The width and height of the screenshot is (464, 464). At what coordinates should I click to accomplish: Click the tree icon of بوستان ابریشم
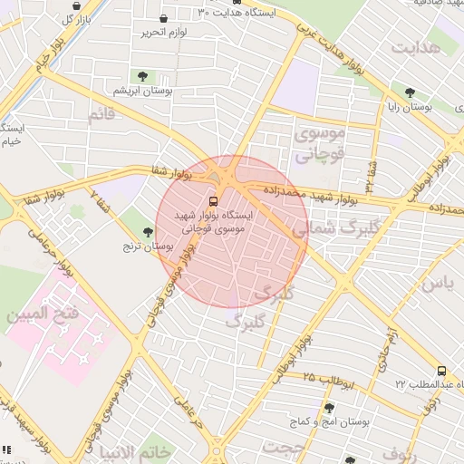(x=142, y=75)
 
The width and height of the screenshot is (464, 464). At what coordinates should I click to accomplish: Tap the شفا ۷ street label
(x=102, y=200)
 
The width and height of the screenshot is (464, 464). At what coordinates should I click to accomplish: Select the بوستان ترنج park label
(x=150, y=246)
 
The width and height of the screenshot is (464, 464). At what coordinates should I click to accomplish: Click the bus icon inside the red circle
(x=213, y=201)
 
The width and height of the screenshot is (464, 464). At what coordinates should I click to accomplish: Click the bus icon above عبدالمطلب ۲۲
(x=441, y=370)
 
